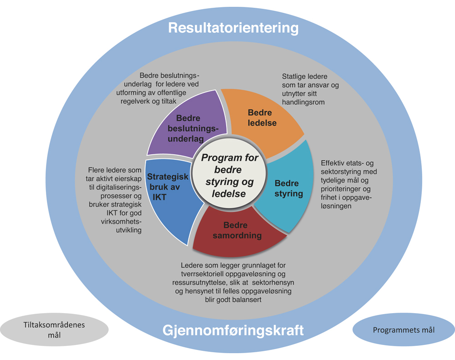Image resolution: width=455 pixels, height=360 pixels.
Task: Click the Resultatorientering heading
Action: tap(233, 28)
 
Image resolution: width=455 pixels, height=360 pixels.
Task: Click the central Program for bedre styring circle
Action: tap(229, 175)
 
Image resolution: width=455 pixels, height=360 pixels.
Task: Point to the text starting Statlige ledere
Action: tap(310, 89)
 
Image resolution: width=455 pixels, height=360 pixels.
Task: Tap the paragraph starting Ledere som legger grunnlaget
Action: tap(233, 283)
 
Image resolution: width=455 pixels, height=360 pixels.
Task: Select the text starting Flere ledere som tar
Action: tap(116, 200)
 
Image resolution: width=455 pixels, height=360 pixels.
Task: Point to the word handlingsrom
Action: tap(303, 102)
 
